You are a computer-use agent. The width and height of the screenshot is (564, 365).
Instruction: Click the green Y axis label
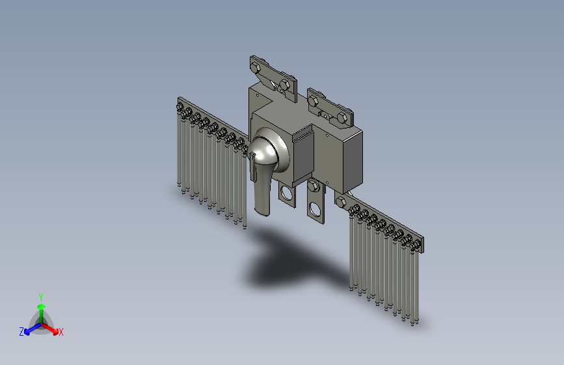click(41, 297)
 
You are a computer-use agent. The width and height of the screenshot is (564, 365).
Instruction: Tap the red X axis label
click(60, 332)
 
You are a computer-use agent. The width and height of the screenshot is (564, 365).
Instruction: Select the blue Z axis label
click(21, 332)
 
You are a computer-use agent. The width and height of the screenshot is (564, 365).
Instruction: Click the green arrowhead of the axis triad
click(42, 307)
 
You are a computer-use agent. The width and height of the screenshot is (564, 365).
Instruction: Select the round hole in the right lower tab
click(315, 209)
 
